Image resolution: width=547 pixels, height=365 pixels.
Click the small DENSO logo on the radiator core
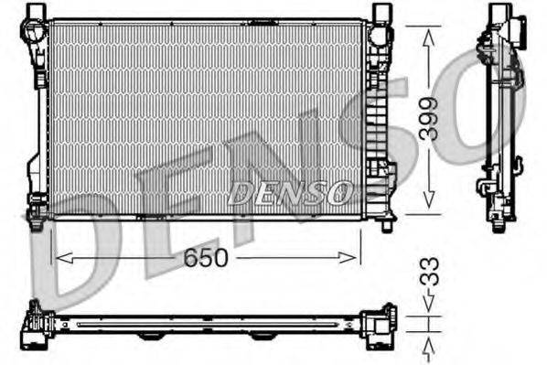click(x=289, y=193)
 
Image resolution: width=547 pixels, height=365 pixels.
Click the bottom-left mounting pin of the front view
click(x=36, y=222)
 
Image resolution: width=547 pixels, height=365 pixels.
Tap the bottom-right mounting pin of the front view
click(x=386, y=223)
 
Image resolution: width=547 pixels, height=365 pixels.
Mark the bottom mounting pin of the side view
click(x=498, y=223)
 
